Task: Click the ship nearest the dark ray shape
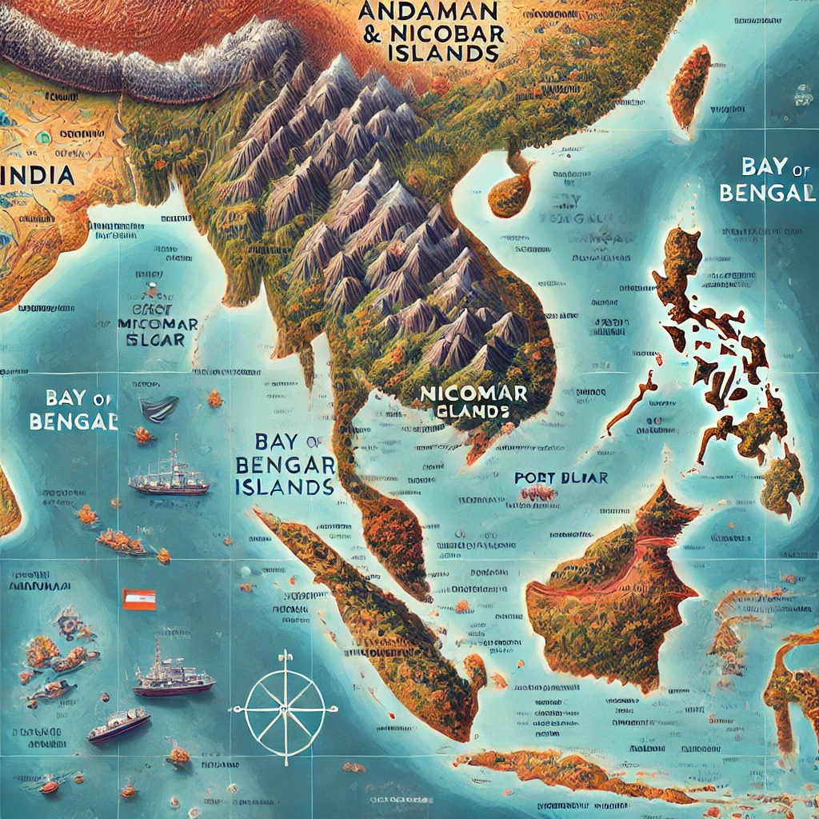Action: pyautogui.click(x=168, y=478)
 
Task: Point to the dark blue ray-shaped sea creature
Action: pyautogui.click(x=158, y=409)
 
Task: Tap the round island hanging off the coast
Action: pyautogui.click(x=510, y=192)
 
